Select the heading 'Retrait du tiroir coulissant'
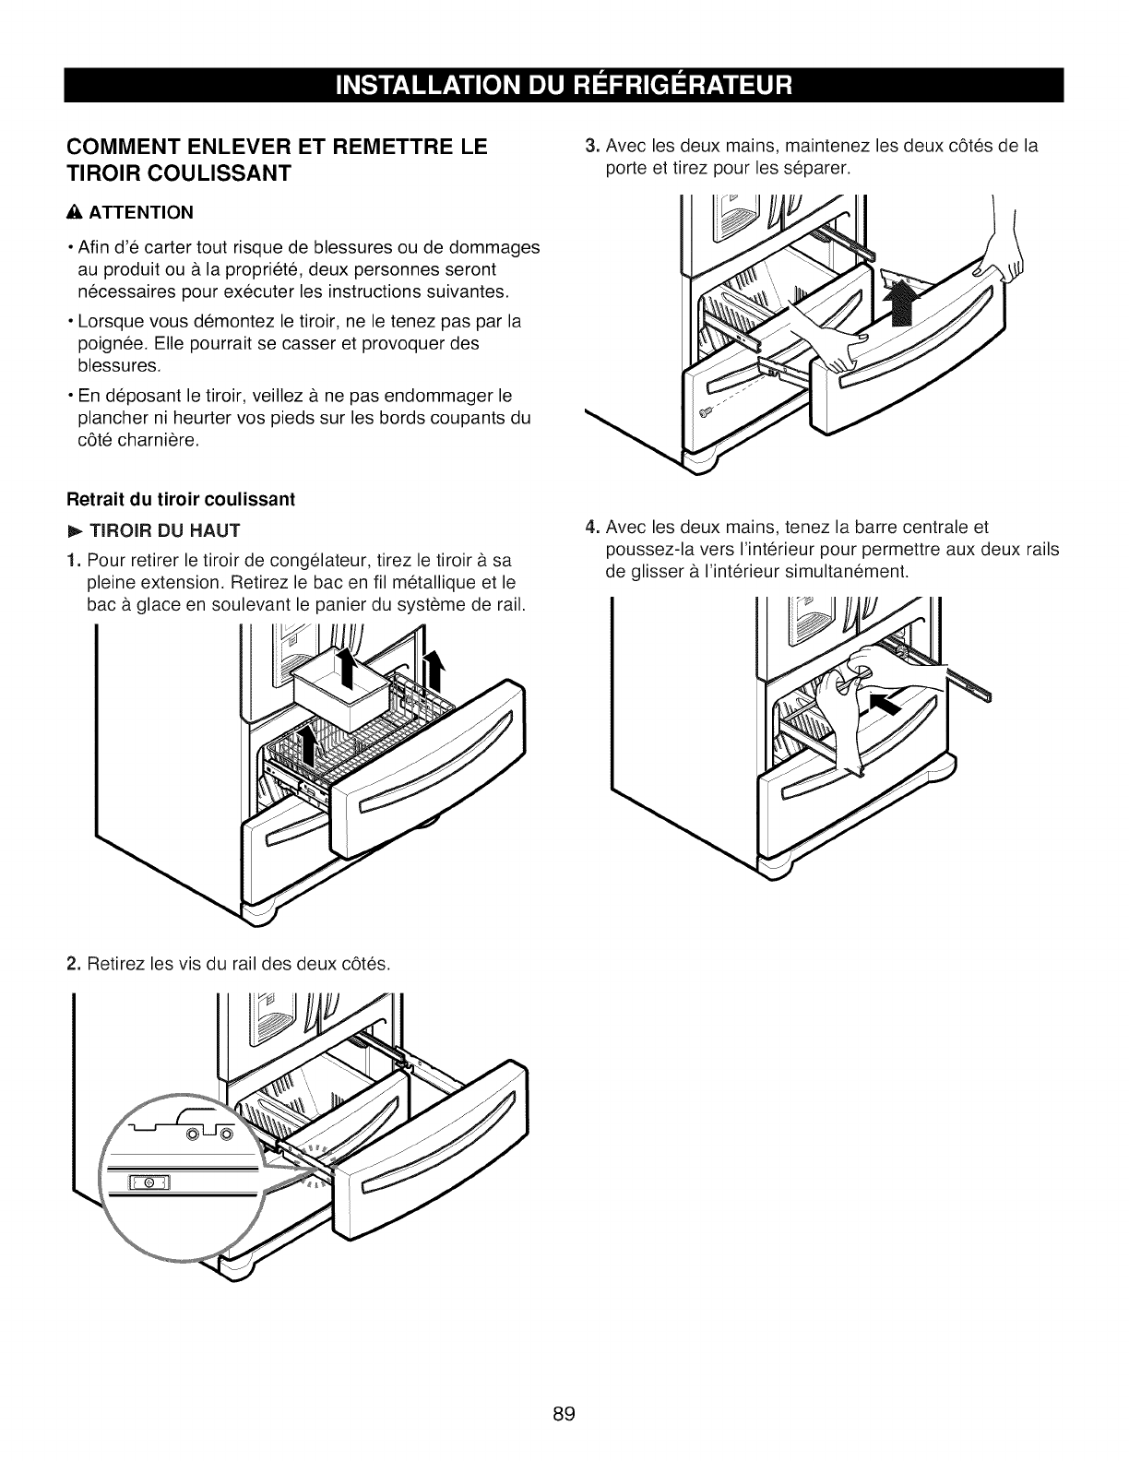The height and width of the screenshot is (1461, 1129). pyautogui.click(x=181, y=500)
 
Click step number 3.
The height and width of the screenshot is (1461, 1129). pyautogui.click(x=592, y=146)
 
